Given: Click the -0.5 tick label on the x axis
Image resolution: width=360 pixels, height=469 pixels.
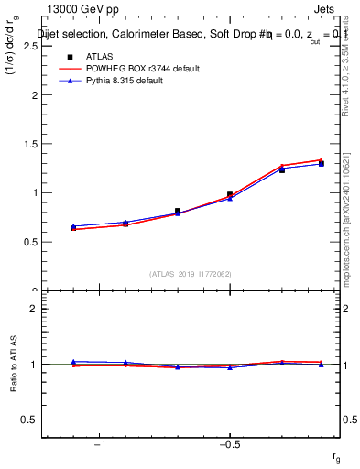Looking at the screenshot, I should click(x=228, y=444).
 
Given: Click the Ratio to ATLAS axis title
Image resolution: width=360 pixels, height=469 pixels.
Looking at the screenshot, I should click(x=14, y=364).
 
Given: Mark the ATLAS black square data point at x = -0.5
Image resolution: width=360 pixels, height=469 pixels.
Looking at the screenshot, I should click(x=230, y=194).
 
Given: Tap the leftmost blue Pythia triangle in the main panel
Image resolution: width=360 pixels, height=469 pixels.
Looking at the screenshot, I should click(x=73, y=226).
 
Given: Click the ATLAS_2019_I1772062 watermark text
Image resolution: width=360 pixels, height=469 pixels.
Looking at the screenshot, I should click(x=191, y=273).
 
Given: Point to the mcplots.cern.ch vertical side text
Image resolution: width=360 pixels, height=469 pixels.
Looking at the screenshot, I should click(x=346, y=229).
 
